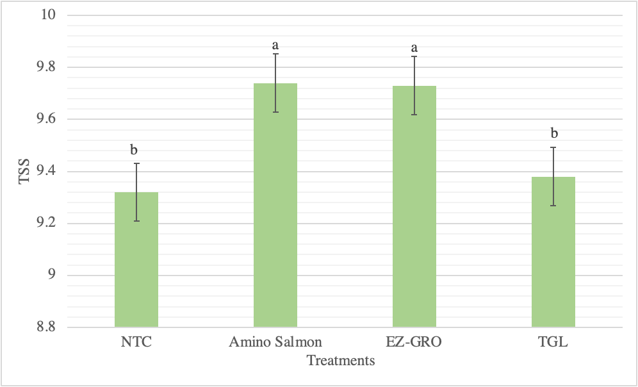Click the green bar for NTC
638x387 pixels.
coord(136,259)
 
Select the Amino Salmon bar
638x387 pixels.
coord(275,205)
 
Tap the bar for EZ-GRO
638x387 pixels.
coord(414,206)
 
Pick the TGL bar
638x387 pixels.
coord(553,252)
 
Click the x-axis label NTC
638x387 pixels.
coord(136,342)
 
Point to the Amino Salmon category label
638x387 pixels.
coord(275,342)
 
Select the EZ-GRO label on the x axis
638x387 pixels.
coord(414,342)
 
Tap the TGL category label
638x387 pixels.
coord(553,342)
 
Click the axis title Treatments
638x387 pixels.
coord(341,361)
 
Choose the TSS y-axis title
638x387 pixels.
coord(24,171)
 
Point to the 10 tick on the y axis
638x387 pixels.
coord(48,15)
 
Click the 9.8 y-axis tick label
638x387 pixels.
coord(46,67)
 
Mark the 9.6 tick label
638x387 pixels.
coord(46,119)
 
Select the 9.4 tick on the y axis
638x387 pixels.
coord(46,171)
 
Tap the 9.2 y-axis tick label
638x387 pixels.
coord(46,224)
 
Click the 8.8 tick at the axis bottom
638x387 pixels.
coord(46,327)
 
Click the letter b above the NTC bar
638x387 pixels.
coord(134,150)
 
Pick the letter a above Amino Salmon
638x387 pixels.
coord(275,45)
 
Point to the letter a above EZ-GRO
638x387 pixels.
coord(414,49)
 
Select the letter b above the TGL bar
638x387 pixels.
coord(554,133)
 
